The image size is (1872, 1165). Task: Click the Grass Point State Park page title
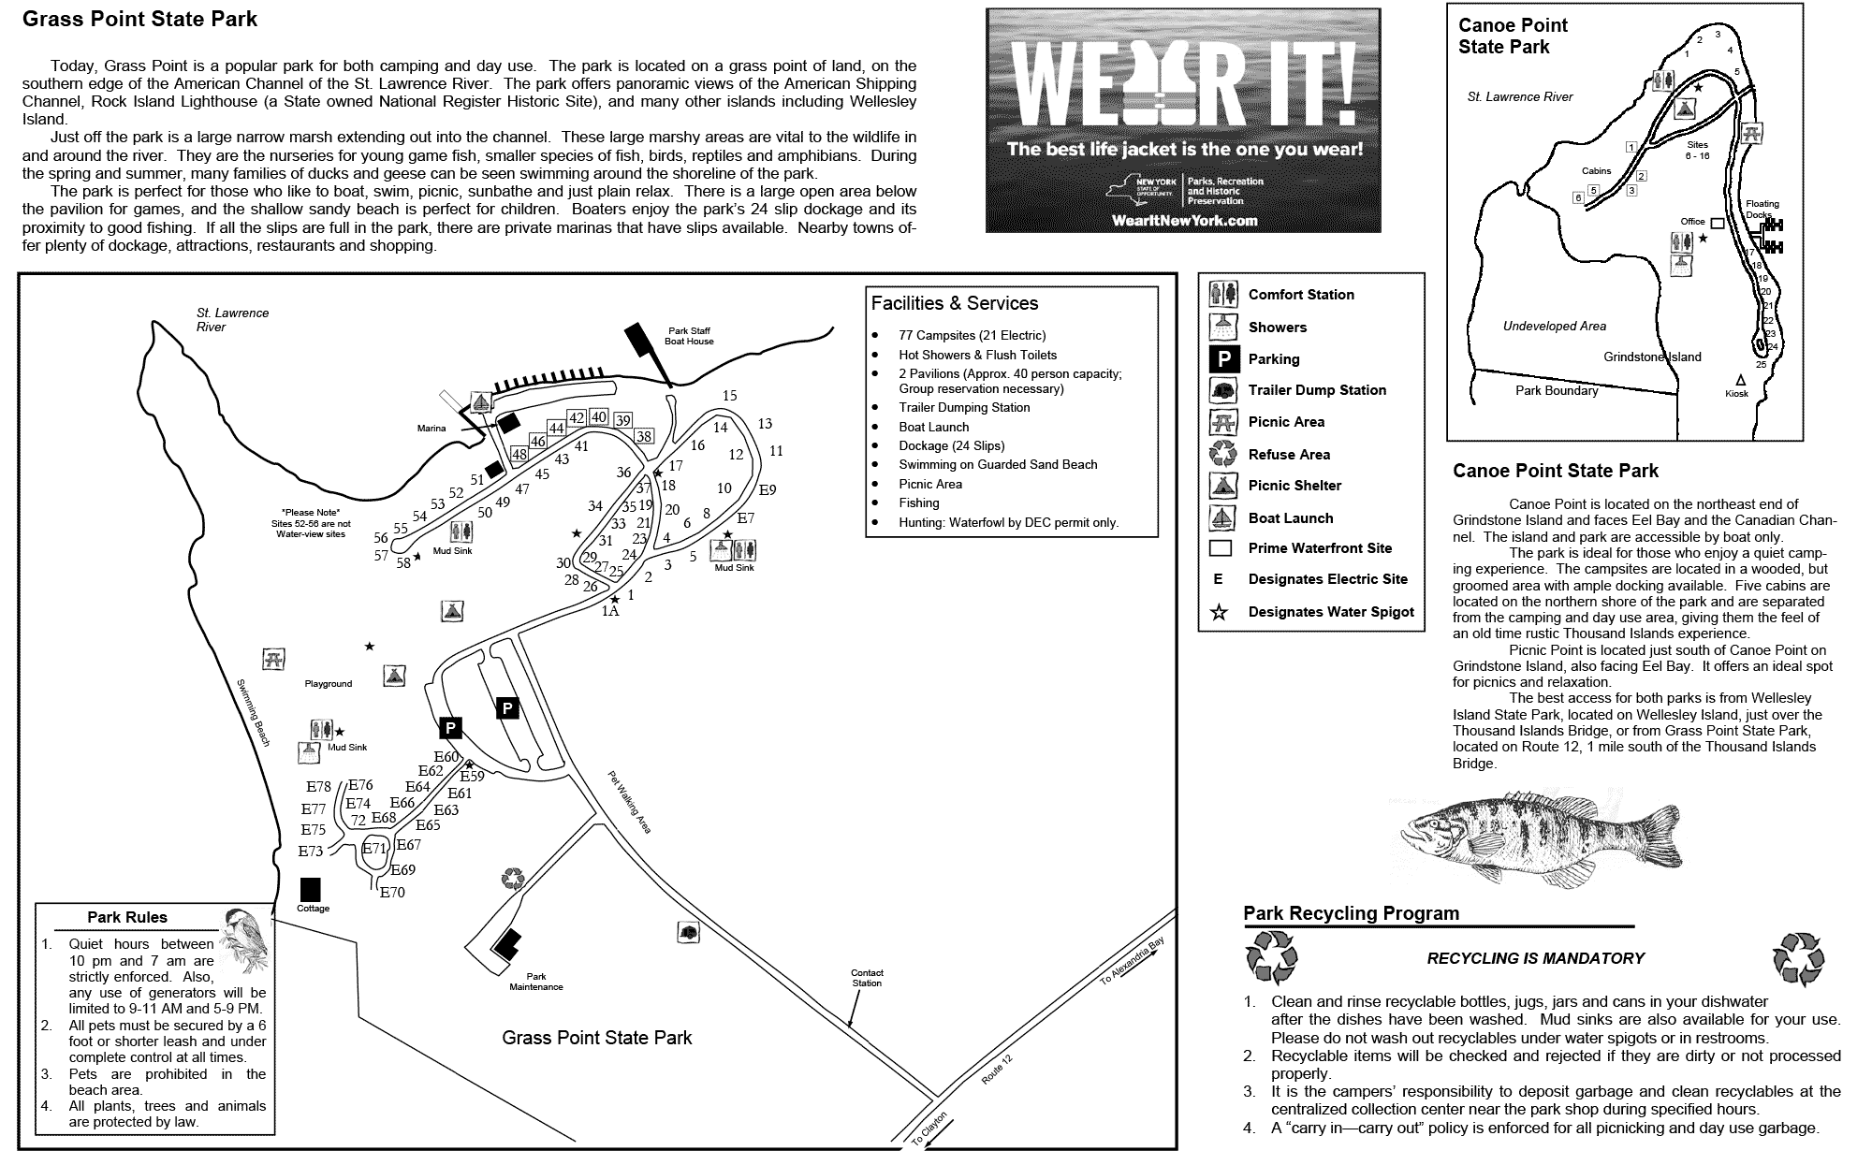pyautogui.click(x=139, y=20)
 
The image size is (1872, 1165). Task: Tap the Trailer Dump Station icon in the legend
pyautogui.click(x=1222, y=390)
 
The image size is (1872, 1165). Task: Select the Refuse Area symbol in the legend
pyautogui.click(x=1222, y=454)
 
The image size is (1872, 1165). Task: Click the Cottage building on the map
pyautogui.click(x=310, y=889)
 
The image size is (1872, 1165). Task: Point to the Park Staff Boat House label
pyautogui.click(x=689, y=336)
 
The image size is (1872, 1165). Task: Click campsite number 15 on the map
pyautogui.click(x=730, y=396)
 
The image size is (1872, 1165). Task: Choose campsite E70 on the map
pyautogui.click(x=392, y=893)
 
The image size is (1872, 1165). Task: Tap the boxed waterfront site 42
pyautogui.click(x=578, y=418)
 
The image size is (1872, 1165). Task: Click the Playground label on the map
pyautogui.click(x=328, y=684)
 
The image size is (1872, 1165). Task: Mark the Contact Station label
pyautogui.click(x=867, y=978)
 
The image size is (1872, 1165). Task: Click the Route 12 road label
pyautogui.click(x=996, y=1070)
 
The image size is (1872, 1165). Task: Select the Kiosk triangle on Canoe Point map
pyautogui.click(x=1740, y=380)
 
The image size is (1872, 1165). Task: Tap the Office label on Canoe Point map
pyautogui.click(x=1692, y=222)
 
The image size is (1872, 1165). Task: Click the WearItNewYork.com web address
pyautogui.click(x=1184, y=221)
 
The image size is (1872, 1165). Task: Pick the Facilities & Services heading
pyautogui.click(x=954, y=303)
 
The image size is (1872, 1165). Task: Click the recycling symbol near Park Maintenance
pyautogui.click(x=513, y=878)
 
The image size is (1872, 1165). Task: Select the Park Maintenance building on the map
pyautogui.click(x=507, y=944)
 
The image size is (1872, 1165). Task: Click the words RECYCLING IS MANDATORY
pyautogui.click(x=1535, y=958)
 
